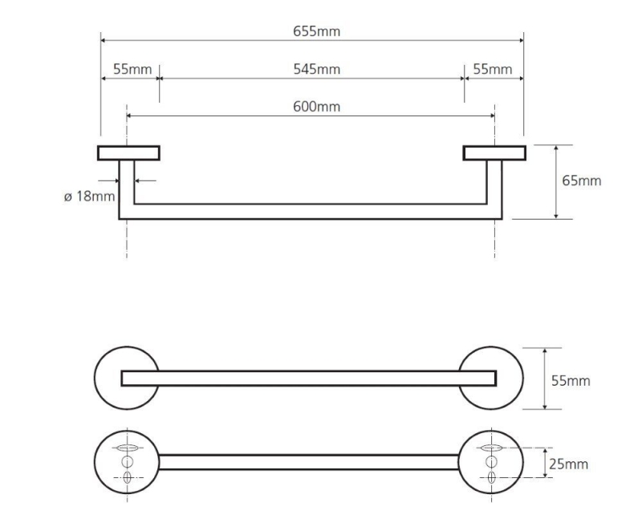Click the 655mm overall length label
pos(316,31)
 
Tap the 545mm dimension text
pos(316,69)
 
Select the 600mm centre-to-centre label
pos(316,107)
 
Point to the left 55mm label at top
pos(132,69)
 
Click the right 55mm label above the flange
pos(493,69)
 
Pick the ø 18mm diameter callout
pos(89,197)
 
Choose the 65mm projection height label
pos(581,180)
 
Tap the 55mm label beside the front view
pos(571,380)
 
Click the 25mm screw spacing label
pos(568,464)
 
